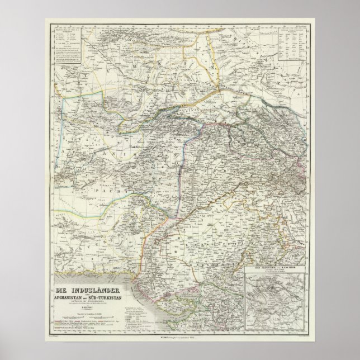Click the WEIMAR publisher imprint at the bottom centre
[x=180, y=334]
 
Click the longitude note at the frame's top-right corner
[x=302, y=25]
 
